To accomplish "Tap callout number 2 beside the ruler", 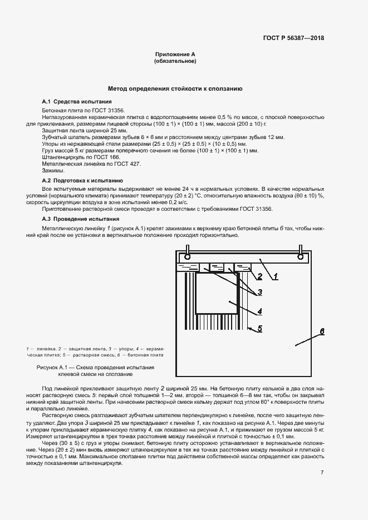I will [x=259, y=276].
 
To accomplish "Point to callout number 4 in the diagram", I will [x=259, y=311].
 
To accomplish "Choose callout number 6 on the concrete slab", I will [x=321, y=332].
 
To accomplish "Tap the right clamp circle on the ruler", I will [x=301, y=257].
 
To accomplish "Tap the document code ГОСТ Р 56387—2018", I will [x=293, y=38].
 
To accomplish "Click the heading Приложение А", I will [x=175, y=55].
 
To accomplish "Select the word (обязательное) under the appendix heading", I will [x=175, y=61].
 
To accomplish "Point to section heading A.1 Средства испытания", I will [x=77, y=102].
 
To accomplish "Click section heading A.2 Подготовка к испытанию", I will [x=83, y=181].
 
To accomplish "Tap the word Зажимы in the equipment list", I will [x=53, y=171].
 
